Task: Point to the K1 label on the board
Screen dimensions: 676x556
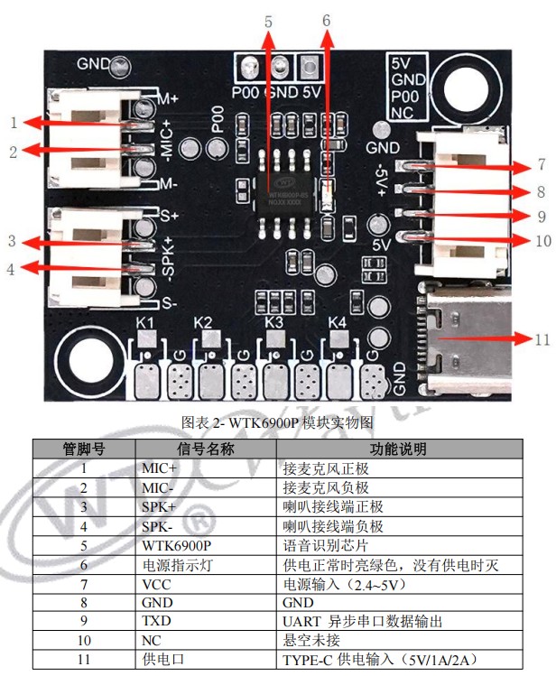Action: pos(145,323)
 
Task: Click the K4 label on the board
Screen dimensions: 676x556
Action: pos(337,322)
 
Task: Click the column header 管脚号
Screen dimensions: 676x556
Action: pos(84,449)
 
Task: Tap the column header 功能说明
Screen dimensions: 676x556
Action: pos(398,449)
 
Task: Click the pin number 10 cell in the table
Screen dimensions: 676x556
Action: pos(84,641)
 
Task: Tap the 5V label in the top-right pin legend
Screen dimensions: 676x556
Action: pos(403,64)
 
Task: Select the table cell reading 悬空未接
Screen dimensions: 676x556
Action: pos(312,641)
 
